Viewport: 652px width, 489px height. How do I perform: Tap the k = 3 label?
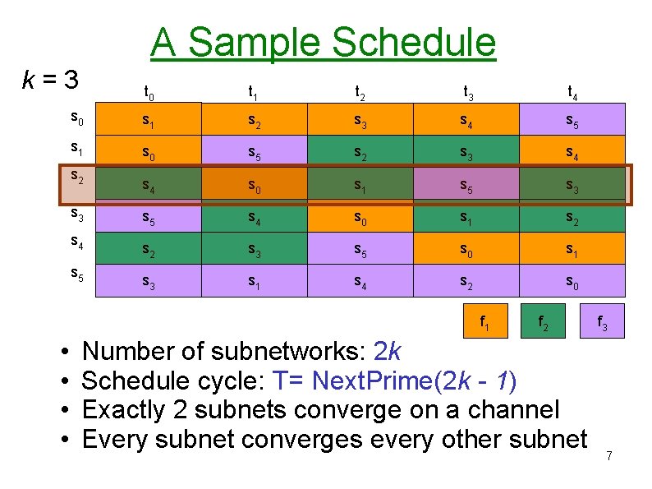point(51,81)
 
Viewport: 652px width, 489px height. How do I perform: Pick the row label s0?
point(76,120)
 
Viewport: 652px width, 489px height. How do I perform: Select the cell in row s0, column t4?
point(572,120)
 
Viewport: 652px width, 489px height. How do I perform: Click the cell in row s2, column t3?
point(466,185)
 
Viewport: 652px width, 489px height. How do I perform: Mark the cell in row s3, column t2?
point(360,217)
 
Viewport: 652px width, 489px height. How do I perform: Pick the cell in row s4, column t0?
point(148,249)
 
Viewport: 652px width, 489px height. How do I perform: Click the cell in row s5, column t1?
point(254,281)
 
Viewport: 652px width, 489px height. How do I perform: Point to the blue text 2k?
point(387,352)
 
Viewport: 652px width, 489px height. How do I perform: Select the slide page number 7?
point(608,456)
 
